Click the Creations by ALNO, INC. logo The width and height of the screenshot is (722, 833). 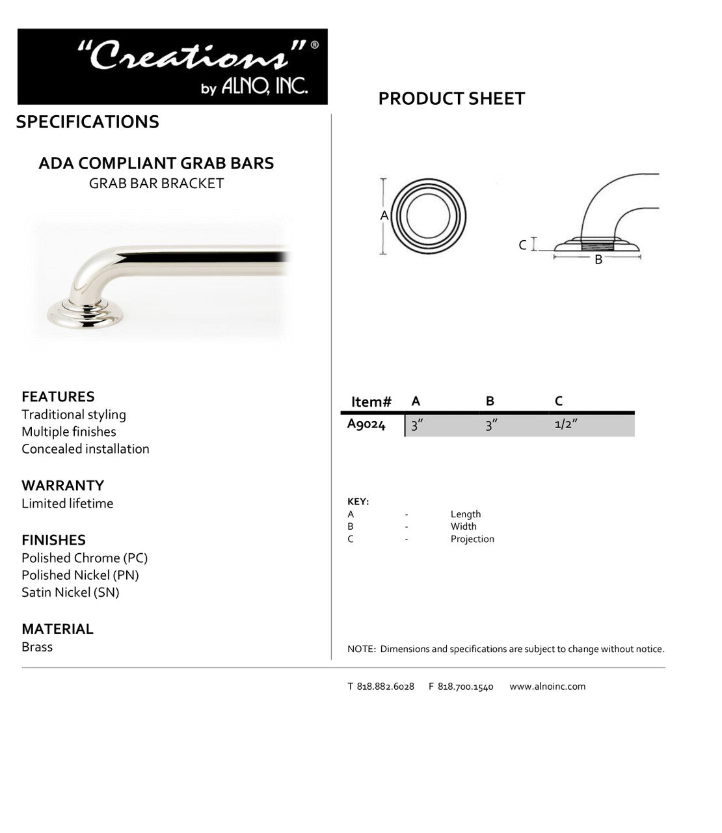point(172,66)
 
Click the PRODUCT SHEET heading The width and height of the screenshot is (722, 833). point(451,99)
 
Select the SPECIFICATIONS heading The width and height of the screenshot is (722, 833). point(87,122)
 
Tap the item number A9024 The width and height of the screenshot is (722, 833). point(366,425)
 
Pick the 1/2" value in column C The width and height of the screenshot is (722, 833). point(566,425)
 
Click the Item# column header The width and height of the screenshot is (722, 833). point(371,402)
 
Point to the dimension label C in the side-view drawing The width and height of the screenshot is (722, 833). point(522,245)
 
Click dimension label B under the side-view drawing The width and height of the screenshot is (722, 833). point(598,260)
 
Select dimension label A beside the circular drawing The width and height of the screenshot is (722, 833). point(384,215)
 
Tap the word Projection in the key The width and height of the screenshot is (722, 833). point(472,539)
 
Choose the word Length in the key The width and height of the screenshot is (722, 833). point(466,514)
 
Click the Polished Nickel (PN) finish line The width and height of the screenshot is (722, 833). point(80,575)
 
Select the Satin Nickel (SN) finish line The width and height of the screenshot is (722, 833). point(70,592)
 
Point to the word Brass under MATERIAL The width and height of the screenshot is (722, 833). point(37,647)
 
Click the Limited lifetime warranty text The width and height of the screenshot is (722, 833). point(67,503)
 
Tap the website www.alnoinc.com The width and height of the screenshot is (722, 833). point(547,686)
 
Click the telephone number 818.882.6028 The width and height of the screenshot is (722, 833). point(385,686)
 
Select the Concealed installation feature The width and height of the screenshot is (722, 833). point(85,449)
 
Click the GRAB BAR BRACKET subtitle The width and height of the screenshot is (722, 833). point(156,184)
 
